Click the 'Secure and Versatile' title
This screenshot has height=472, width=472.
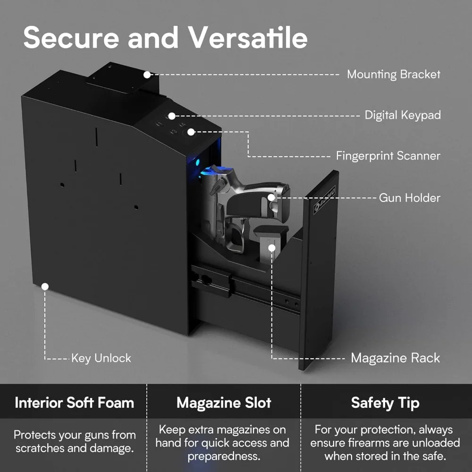tap(165, 38)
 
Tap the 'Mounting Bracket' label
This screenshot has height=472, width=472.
tap(394, 75)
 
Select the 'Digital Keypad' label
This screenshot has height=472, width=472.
tap(403, 115)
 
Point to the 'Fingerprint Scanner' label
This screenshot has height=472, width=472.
tap(388, 156)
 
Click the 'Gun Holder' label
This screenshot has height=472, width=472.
tap(410, 197)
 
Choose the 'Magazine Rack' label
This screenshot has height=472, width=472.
tap(396, 358)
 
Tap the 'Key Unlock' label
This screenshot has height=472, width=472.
tap(101, 358)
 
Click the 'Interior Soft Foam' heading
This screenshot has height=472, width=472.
tap(74, 403)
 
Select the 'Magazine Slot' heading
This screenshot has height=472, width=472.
tap(224, 403)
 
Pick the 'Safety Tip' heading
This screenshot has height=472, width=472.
tap(385, 403)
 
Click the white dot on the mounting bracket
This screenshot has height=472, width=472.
tap(147, 75)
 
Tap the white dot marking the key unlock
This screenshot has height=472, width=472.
tap(45, 286)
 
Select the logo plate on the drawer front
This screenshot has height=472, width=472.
tap(325, 200)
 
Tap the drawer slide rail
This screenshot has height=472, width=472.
tap(245, 288)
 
